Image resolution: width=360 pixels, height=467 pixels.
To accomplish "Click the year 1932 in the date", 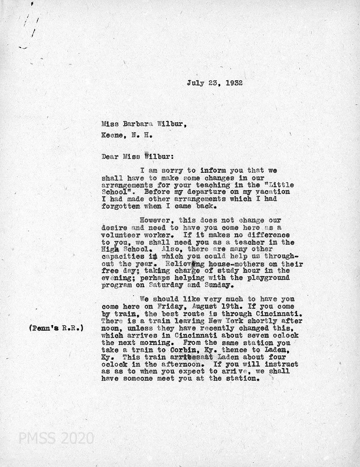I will (x=233, y=84).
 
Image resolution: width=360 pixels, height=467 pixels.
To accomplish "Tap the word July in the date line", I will (x=195, y=84).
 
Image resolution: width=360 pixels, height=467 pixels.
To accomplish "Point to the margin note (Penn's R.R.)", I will (x=56, y=328).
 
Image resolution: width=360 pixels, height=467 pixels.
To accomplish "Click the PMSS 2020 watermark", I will (x=56, y=439).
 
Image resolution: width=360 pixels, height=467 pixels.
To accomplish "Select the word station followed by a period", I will (x=240, y=379).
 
